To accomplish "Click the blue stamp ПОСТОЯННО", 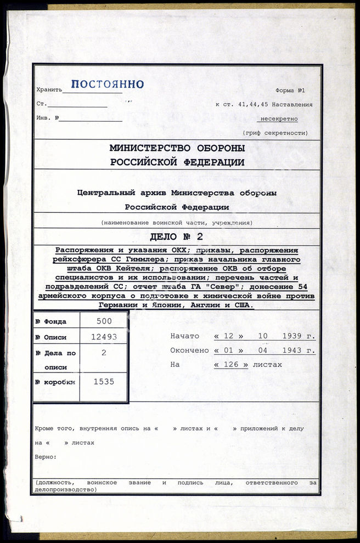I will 108,84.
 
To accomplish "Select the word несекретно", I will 279,118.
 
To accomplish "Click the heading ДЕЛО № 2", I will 177,237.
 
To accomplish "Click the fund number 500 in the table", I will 103,321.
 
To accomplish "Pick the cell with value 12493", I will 103,337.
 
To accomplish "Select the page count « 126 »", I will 231,364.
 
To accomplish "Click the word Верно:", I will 46,456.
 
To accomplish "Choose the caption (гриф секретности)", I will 275,133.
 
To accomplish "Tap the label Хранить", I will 49,89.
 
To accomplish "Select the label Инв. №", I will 47,118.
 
